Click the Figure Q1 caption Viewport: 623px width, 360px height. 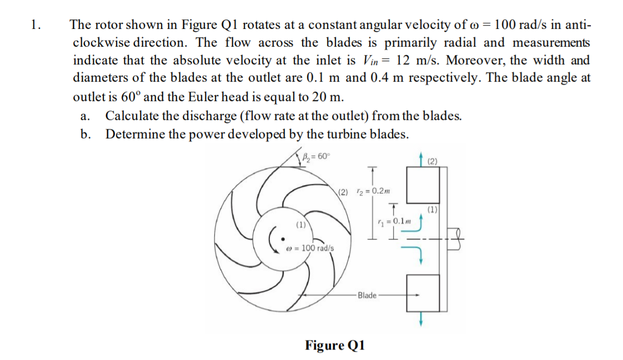pyautogui.click(x=334, y=345)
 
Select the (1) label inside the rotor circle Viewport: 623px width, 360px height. pyautogui.click(x=300, y=226)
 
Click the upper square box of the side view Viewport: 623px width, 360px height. pyautogui.click(x=424, y=185)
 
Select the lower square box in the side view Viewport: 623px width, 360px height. pyautogui.click(x=424, y=293)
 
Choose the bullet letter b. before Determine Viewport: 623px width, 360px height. pyautogui.click(x=84, y=134)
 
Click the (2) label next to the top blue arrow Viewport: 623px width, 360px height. pyautogui.click(x=433, y=162)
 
